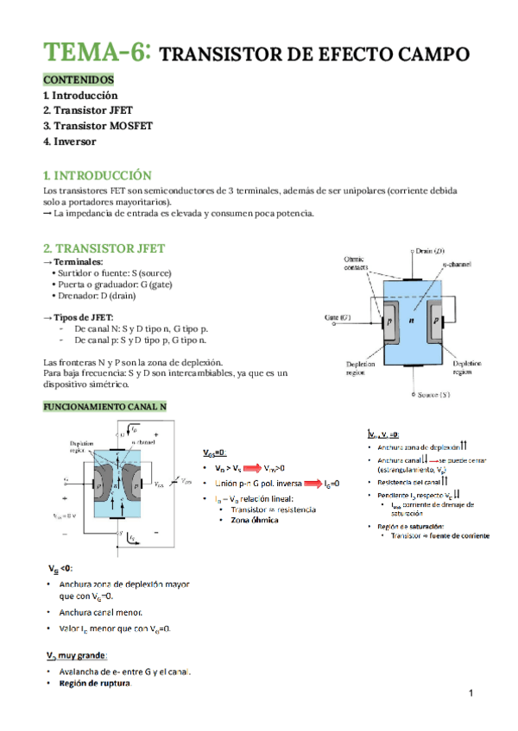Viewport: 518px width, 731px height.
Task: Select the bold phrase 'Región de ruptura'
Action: [95, 684]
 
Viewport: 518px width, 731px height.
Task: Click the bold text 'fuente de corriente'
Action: [458, 536]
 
